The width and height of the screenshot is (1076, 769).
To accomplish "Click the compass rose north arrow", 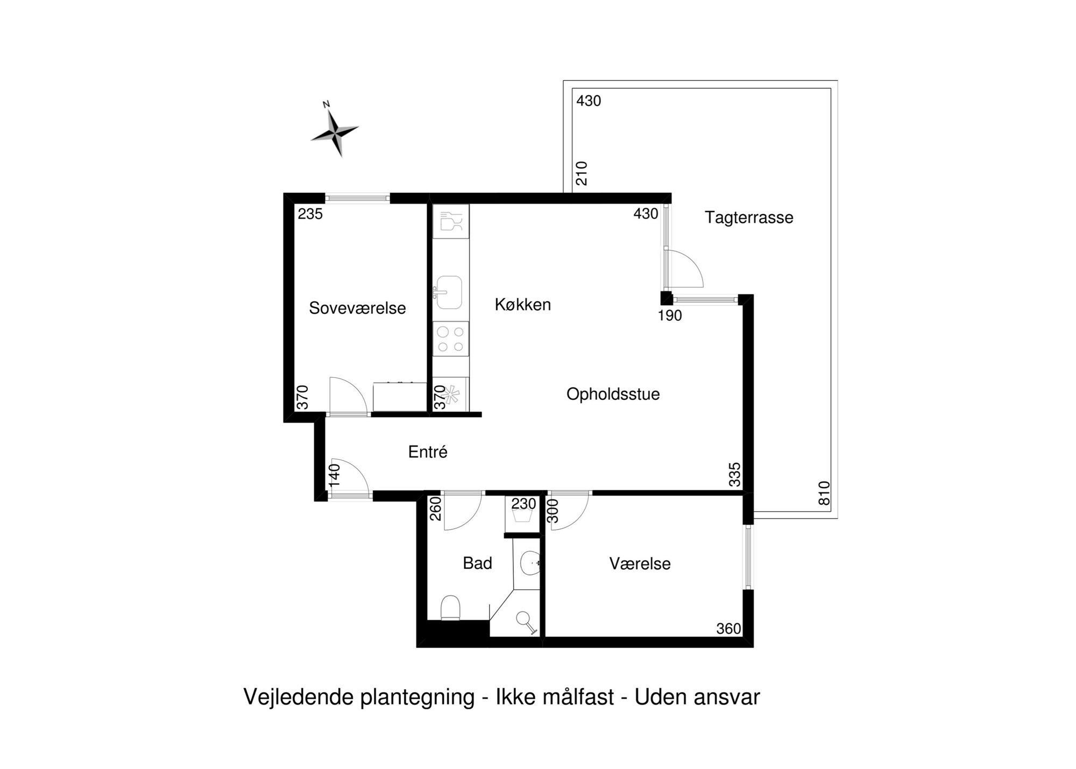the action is coord(335,129).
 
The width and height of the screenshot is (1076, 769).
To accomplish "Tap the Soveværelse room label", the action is coord(357,308).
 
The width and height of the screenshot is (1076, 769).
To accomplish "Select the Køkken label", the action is coord(523,305).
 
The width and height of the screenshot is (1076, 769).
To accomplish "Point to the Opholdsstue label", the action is coord(613,394).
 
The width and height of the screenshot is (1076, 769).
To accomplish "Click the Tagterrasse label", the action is coord(749,218).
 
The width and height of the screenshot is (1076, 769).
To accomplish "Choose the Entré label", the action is coord(428,452).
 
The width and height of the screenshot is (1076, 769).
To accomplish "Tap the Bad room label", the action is coord(477,563).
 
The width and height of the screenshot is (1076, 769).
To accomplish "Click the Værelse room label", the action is coord(640,564).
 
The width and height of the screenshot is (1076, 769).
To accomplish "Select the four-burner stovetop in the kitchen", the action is coord(451,339).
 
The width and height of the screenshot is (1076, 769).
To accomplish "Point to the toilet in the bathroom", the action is coord(450,608).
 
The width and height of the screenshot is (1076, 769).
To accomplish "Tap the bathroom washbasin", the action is coord(530,563).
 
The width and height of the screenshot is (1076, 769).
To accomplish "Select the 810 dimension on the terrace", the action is coord(824,493).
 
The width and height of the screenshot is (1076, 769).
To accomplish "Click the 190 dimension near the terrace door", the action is coord(670,316).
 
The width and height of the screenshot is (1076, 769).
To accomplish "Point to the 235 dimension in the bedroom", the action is coord(310,214).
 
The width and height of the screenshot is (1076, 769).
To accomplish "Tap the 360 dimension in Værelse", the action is coord(728,629).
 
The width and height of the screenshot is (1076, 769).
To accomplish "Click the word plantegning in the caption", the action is coord(417,697).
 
